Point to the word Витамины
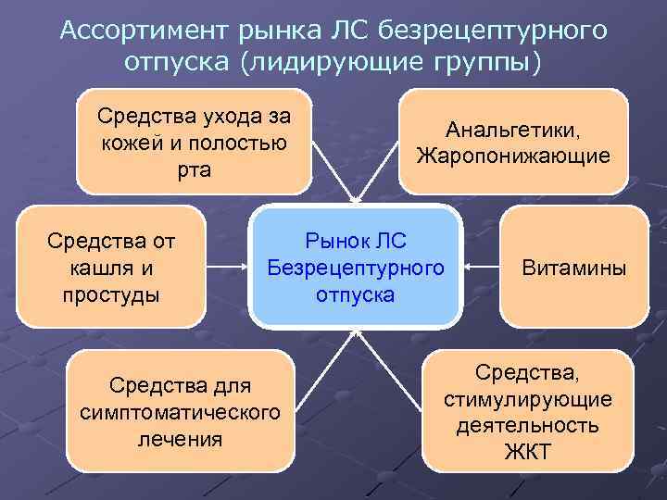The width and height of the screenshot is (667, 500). (573, 269)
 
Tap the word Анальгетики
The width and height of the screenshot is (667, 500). (512, 130)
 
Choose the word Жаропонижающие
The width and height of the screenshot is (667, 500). (512, 155)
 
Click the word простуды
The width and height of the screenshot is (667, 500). (111, 294)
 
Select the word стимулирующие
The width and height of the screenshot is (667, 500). (527, 400)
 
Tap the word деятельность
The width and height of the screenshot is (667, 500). (527, 427)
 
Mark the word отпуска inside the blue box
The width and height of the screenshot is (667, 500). (356, 295)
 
